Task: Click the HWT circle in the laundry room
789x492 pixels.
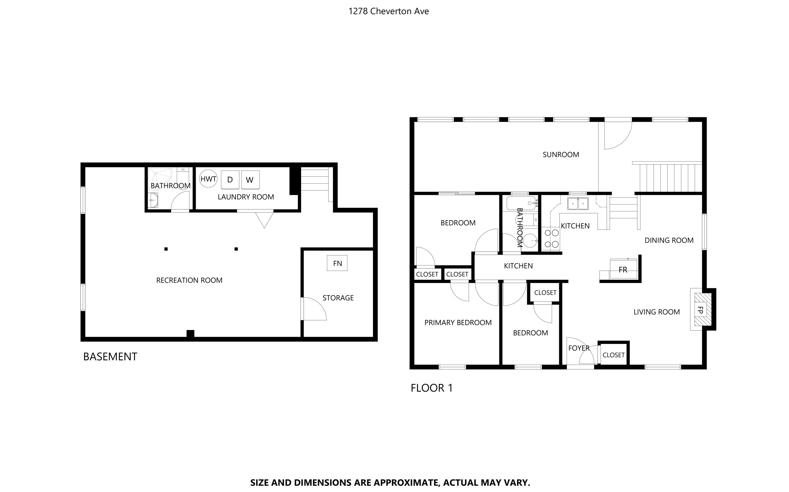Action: [208, 179]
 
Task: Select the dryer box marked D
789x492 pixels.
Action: [230, 179]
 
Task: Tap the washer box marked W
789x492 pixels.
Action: [250, 179]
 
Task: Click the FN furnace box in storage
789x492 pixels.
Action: [337, 263]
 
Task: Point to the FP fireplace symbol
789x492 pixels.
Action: [700, 309]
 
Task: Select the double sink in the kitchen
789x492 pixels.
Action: [578, 204]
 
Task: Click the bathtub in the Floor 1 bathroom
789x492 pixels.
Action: [521, 203]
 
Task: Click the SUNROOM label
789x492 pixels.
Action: [561, 155]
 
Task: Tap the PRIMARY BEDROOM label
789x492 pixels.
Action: [458, 322]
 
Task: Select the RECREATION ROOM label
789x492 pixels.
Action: [189, 280]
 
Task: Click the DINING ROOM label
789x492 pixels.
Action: [669, 240]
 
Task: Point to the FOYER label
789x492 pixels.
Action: [578, 348]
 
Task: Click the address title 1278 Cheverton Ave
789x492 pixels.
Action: [388, 11]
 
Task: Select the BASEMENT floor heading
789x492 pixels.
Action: [110, 357]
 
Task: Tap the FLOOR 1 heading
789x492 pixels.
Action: [431, 388]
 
